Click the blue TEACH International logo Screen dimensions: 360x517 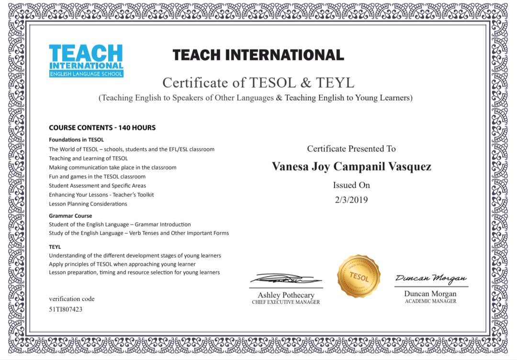(86, 60)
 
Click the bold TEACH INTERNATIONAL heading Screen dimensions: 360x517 (258, 55)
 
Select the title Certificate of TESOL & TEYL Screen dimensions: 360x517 (258, 83)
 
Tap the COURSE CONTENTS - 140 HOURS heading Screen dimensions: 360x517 (102, 128)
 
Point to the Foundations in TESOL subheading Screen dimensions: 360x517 (76, 140)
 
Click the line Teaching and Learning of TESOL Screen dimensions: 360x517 (88, 158)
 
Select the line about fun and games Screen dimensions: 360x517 (97, 177)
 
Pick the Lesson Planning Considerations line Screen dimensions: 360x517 (88, 204)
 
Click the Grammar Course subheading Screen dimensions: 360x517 (70, 216)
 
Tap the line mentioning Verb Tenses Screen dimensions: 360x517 (138, 233)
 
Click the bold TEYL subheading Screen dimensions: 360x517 (55, 247)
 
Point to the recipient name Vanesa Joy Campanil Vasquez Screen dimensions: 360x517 (351, 167)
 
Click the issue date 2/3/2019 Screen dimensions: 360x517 (351, 200)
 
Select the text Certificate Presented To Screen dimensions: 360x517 (351, 149)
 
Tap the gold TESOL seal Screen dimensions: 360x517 (359, 276)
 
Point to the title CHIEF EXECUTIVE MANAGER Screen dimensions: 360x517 (286, 303)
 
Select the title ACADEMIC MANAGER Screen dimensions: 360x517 (430, 301)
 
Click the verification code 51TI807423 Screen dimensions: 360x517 (66, 309)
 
